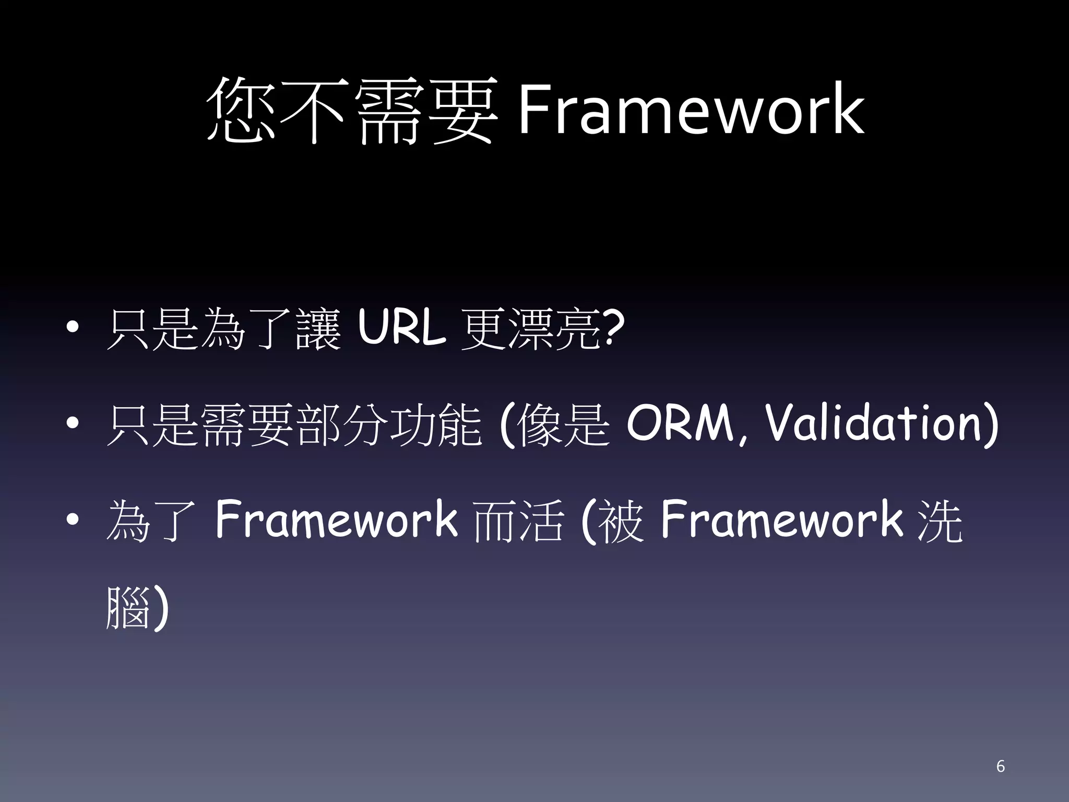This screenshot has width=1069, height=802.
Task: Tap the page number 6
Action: (1000, 766)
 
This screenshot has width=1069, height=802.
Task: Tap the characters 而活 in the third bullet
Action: (518, 520)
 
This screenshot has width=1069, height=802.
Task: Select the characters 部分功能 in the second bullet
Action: (389, 424)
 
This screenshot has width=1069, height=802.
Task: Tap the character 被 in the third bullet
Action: (621, 520)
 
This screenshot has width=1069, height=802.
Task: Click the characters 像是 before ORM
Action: (564, 424)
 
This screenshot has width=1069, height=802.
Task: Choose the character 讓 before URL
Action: (318, 329)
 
